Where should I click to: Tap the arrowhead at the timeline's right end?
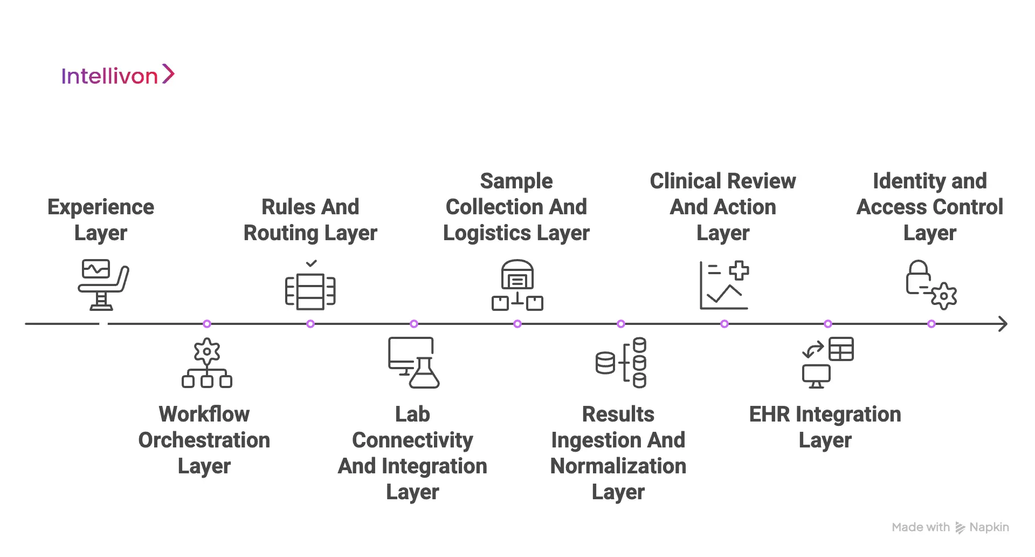click(x=1003, y=324)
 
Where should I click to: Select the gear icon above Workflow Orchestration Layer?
click(x=207, y=351)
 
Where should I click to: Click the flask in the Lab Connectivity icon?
click(x=425, y=374)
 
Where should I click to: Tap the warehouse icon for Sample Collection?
click(x=517, y=275)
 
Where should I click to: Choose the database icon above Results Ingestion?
click(x=621, y=363)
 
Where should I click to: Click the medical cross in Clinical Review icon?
click(x=739, y=270)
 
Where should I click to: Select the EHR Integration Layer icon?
click(x=828, y=363)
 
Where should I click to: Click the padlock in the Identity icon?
click(x=917, y=277)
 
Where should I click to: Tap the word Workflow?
click(x=204, y=415)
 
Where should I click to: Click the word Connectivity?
click(x=412, y=440)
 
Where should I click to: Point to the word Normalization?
click(x=618, y=466)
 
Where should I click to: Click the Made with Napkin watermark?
click(x=950, y=527)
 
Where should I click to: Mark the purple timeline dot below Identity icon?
click(x=931, y=324)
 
